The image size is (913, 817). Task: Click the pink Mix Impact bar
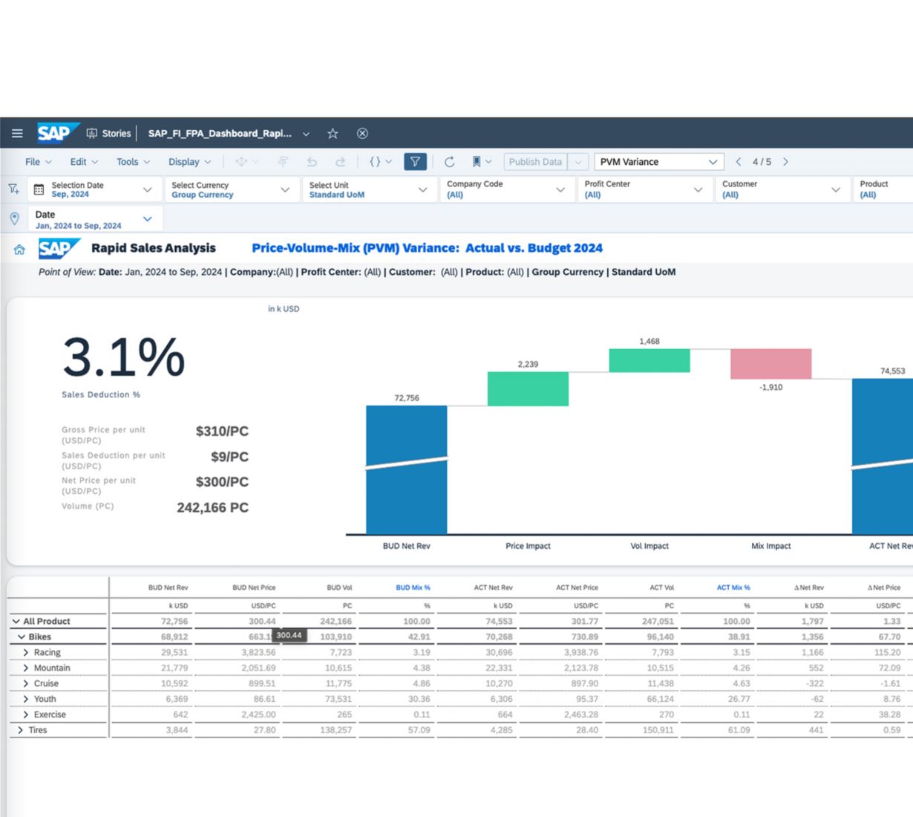770,363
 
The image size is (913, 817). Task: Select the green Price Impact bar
528,388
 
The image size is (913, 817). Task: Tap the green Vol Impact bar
649,360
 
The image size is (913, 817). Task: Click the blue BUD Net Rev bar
407,469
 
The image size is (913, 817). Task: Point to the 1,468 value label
649,342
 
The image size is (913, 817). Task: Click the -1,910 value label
770,387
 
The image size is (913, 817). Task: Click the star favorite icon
333,134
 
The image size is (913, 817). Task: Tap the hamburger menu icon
17,134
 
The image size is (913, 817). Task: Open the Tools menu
133,162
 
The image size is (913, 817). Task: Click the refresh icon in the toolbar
449,162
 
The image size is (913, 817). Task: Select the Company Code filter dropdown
506,189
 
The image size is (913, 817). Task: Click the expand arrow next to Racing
26,652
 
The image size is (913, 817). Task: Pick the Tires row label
38,730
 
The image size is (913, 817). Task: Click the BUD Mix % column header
413,587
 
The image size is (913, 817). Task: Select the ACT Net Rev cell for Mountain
499,668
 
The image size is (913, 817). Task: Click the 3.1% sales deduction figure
124,357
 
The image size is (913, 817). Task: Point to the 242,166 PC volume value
212,508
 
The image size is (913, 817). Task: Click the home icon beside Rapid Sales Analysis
19,250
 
